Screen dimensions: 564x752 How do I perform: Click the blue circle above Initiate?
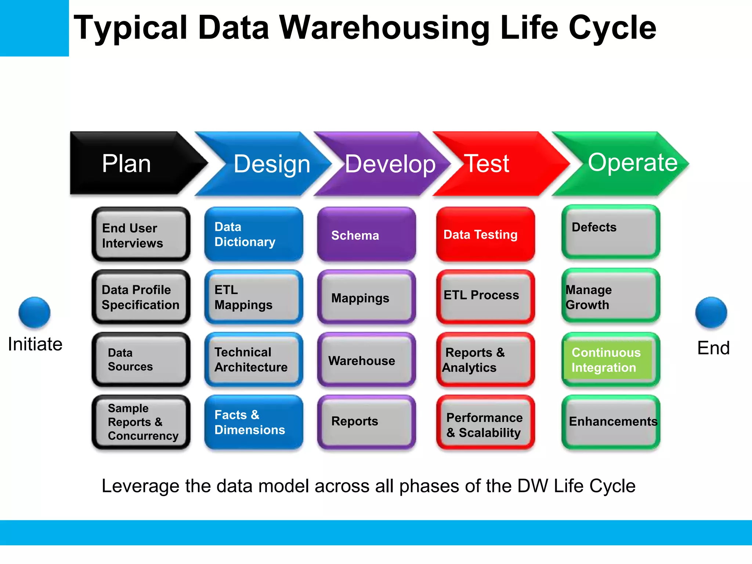click(34, 312)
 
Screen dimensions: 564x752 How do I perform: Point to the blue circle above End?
click(711, 312)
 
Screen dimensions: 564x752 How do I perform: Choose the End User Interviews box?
click(141, 234)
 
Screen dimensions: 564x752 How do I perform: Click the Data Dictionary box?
click(254, 234)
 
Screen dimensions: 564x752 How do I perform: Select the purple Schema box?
click(366, 234)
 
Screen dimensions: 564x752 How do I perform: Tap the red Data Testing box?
click(485, 234)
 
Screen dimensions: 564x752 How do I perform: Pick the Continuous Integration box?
click(611, 360)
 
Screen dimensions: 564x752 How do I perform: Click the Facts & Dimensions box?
click(254, 422)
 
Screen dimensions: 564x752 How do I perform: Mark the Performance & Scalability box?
click(485, 422)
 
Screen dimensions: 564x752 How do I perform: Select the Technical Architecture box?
click(254, 360)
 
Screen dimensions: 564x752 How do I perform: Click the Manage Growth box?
click(611, 297)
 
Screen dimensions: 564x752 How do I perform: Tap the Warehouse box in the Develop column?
click(366, 360)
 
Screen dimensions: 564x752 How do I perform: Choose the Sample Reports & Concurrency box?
click(141, 422)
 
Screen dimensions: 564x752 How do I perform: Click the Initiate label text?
click(35, 344)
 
